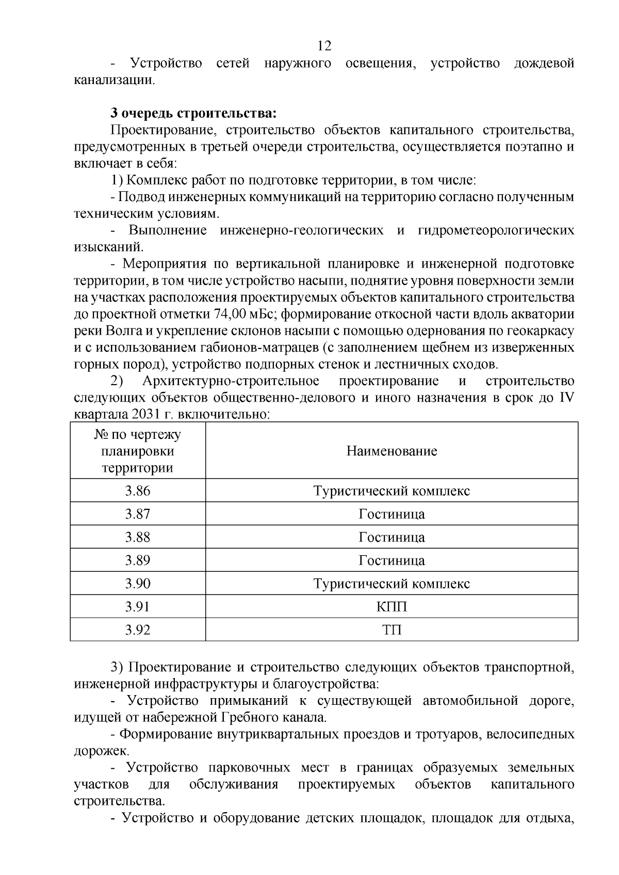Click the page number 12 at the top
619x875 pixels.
[x=324, y=46]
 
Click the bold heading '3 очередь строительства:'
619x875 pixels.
[x=193, y=113]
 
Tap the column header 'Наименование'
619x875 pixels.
[x=392, y=451]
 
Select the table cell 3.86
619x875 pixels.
[x=138, y=491]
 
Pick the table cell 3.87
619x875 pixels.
[x=138, y=514]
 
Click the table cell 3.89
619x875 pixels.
[x=138, y=560]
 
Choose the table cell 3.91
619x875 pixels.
[x=138, y=607]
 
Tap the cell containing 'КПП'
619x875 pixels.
[x=392, y=607]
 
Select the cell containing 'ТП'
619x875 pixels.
[x=392, y=630]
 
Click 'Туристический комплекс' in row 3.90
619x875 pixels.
[x=392, y=584]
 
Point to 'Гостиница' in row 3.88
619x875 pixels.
[x=392, y=537]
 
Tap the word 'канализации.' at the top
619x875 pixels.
[x=114, y=80]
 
